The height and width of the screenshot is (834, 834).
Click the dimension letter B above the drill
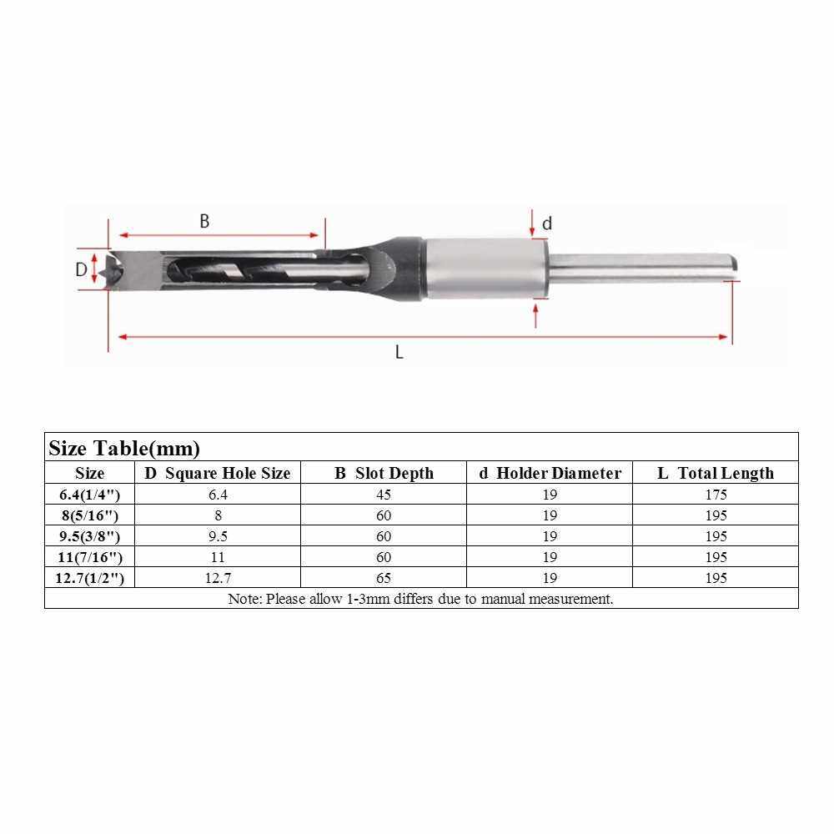pyautogui.click(x=204, y=221)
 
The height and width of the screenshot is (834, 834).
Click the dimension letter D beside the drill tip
pyautogui.click(x=81, y=269)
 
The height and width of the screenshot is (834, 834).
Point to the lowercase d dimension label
pyautogui.click(x=547, y=223)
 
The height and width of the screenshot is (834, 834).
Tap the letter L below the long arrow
pyautogui.click(x=399, y=352)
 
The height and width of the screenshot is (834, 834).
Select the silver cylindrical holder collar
pyautogui.click(x=487, y=269)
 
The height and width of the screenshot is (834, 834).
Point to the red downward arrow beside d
pyautogui.click(x=532, y=223)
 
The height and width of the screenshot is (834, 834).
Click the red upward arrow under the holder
pyautogui.click(x=535, y=315)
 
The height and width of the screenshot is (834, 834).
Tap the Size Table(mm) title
pyautogui.click(x=124, y=449)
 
